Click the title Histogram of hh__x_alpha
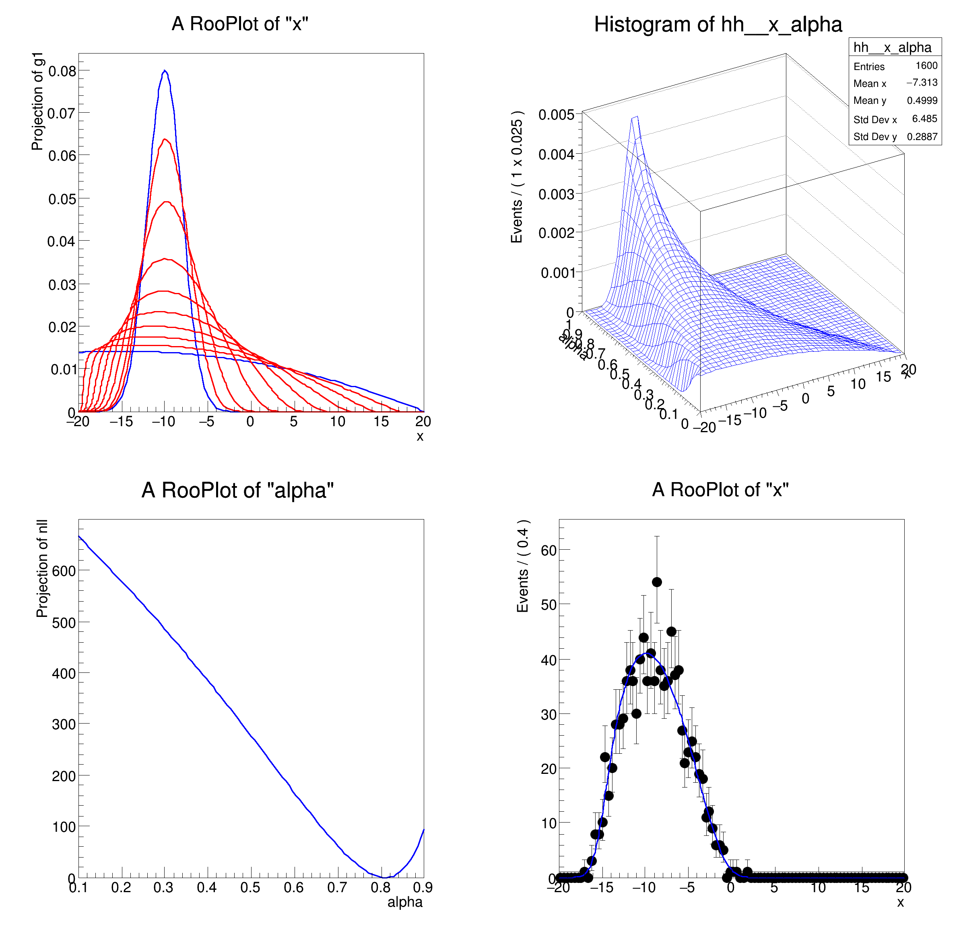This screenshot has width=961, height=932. click(718, 25)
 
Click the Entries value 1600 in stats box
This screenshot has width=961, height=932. click(926, 66)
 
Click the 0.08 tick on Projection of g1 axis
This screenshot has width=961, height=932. click(62, 72)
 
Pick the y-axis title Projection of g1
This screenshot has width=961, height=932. click(37, 101)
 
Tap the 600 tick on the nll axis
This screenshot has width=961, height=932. click(64, 571)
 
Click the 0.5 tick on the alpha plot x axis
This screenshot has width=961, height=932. click(250, 887)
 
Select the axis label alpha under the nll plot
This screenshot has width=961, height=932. click(404, 902)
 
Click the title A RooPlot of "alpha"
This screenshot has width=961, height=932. click(237, 490)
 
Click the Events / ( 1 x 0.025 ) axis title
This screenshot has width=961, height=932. click(517, 177)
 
